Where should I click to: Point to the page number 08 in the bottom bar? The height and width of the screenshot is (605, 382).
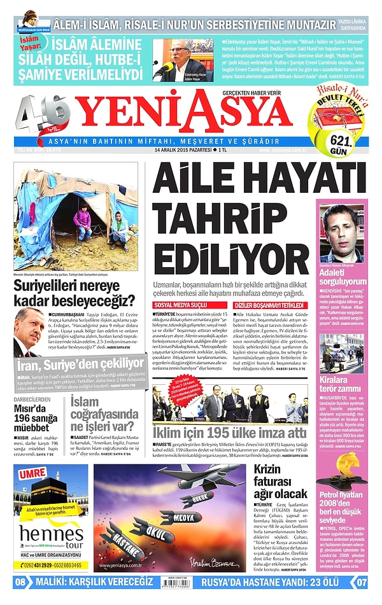[20, 581]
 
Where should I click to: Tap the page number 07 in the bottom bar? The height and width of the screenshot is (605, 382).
[361, 581]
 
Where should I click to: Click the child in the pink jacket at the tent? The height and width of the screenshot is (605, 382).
[82, 224]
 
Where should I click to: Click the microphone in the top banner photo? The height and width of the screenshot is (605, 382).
[165, 67]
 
